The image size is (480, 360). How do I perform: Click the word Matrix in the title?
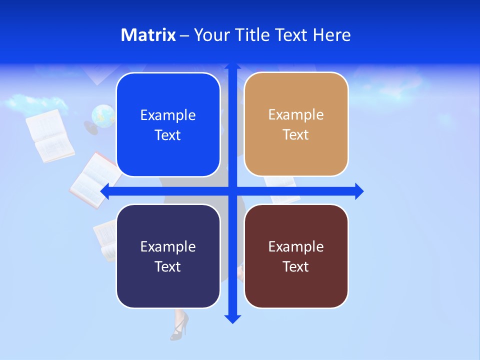pyautogui.click(x=148, y=35)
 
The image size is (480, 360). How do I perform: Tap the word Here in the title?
pyautogui.click(x=332, y=35)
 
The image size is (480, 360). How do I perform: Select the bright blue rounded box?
pyautogui.click(x=168, y=125)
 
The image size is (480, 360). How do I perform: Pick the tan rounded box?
pyautogui.click(x=296, y=124)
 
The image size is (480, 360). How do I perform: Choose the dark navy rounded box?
pyautogui.click(x=168, y=256)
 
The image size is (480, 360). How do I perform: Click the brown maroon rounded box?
pyautogui.click(x=296, y=256)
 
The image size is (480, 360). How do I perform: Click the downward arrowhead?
pyautogui.click(x=232, y=319)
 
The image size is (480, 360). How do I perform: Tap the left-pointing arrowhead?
pyautogui.click(x=105, y=191)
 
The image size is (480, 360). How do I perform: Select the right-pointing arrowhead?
pyautogui.click(x=359, y=191)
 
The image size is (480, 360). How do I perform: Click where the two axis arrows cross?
pyautogui.click(x=232, y=191)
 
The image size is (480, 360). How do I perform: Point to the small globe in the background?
pyautogui.click(x=103, y=115)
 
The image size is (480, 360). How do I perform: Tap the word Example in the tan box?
pyautogui.click(x=296, y=115)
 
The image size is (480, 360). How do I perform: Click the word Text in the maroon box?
pyautogui.click(x=296, y=266)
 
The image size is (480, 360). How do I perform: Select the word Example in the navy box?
pyautogui.click(x=168, y=246)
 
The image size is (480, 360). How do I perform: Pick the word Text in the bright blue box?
pyautogui.click(x=168, y=135)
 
